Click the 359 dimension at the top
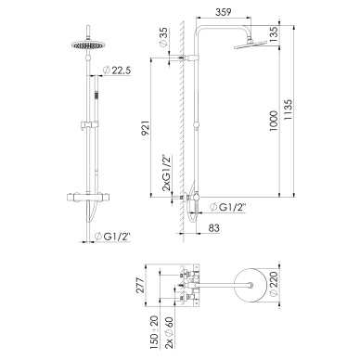223,12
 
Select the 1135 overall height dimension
288,110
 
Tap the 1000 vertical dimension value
274,121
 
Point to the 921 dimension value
146,128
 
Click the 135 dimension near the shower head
274,34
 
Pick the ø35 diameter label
163,37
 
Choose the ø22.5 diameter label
116,71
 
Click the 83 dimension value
213,228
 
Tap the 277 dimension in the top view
140,286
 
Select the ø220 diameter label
274,285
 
